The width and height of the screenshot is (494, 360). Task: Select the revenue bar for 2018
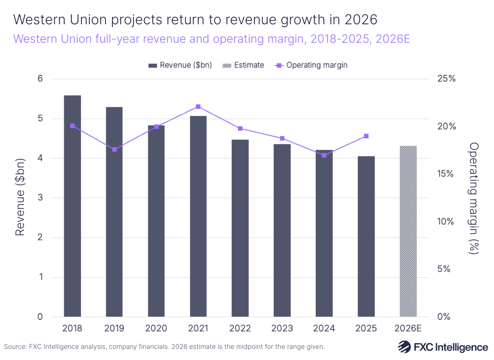(x=72, y=206)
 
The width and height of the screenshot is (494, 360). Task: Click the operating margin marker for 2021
(x=198, y=107)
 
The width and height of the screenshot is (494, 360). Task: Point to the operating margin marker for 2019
(x=114, y=149)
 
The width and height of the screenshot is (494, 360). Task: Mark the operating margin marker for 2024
(x=324, y=155)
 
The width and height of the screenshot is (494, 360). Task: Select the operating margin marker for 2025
(x=366, y=136)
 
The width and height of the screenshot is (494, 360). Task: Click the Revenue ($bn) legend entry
(x=180, y=65)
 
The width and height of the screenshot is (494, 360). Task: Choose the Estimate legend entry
(x=243, y=65)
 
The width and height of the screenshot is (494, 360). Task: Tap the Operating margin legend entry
(x=311, y=65)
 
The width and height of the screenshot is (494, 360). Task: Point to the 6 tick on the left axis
(x=40, y=79)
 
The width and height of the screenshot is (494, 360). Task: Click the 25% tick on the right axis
(x=446, y=79)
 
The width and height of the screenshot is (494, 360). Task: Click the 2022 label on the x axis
(x=240, y=328)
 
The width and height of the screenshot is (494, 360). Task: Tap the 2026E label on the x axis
(x=408, y=328)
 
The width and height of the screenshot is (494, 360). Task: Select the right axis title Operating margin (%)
(x=474, y=198)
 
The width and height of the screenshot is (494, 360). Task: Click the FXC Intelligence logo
(x=443, y=347)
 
